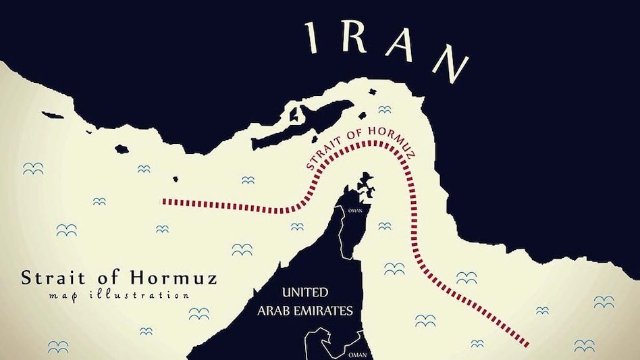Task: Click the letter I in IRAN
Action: tap(313, 36)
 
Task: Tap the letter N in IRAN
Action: tap(451, 63)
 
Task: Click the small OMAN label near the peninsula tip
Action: tap(354, 210)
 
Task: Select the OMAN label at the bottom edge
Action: tap(357, 353)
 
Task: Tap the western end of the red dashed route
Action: tap(166, 201)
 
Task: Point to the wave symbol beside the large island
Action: tap(384, 109)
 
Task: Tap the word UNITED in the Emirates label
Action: tap(305, 292)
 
